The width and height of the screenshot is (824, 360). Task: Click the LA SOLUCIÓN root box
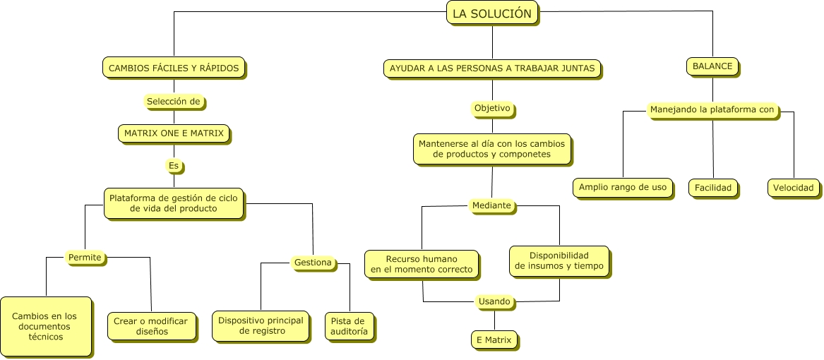point(492,13)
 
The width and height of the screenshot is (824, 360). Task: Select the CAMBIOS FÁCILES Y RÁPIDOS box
point(174,68)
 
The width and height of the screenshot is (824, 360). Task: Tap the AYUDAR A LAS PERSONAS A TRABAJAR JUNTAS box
point(492,68)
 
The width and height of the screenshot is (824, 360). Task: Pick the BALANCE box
point(712,66)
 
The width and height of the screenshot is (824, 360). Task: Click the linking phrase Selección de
point(174,102)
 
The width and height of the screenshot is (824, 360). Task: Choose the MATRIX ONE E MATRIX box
point(174,133)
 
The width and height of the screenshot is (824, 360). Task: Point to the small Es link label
point(174,166)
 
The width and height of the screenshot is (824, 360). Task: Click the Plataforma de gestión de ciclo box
point(174,203)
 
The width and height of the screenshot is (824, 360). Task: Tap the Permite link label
point(85,258)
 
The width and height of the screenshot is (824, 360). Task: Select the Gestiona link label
point(313,263)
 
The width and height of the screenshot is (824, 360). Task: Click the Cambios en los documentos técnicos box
point(45,326)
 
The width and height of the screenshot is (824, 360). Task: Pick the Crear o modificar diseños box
point(151,326)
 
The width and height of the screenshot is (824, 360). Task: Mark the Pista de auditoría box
point(349,326)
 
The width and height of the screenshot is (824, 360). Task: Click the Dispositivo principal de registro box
point(261,325)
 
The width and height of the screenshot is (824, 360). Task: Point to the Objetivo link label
point(492,109)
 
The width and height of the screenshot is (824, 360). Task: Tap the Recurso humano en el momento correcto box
point(422,264)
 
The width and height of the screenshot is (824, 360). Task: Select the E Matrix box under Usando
point(494,340)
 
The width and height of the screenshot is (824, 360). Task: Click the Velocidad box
point(794,188)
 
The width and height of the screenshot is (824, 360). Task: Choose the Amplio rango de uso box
point(622,187)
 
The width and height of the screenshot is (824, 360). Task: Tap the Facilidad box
point(713,188)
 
